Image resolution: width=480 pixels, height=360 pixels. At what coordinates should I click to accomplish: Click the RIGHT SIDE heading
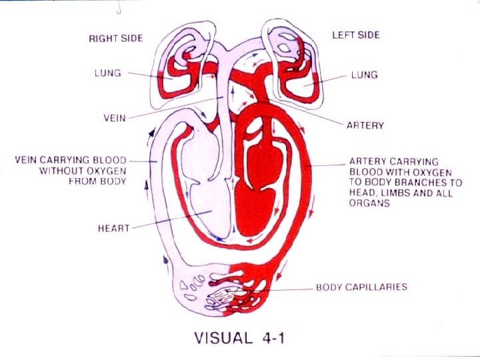tap(116, 38)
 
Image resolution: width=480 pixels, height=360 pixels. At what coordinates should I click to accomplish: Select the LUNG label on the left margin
tap(107, 72)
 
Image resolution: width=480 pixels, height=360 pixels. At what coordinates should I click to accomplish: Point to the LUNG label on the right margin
tap(364, 75)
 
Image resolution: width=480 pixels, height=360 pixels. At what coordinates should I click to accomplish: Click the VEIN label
tap(115, 118)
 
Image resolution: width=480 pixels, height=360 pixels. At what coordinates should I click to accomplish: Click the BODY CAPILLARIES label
tap(361, 288)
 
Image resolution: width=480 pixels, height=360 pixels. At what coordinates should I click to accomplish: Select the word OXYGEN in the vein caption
tap(105, 171)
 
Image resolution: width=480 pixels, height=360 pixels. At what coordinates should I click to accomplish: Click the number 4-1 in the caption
tap(274, 337)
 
